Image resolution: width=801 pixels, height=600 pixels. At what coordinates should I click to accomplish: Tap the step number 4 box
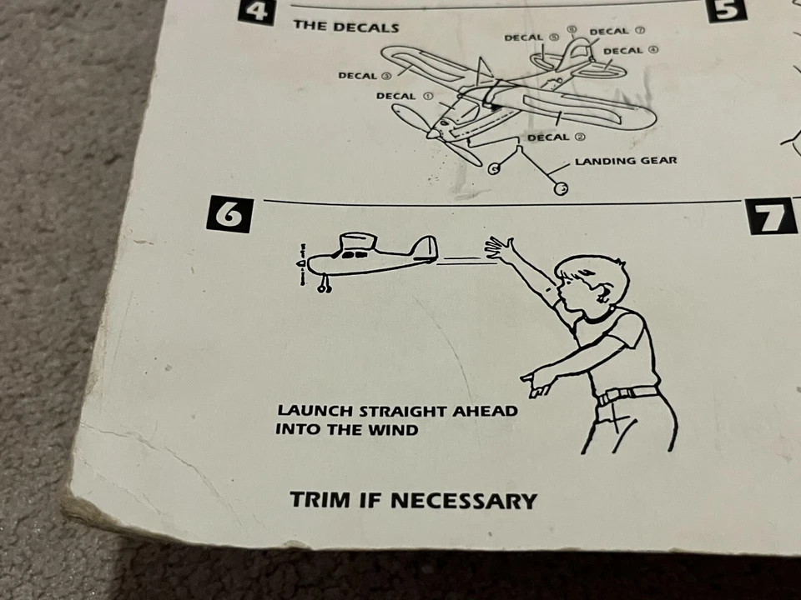255,11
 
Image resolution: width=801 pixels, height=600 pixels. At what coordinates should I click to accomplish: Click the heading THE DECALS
345,26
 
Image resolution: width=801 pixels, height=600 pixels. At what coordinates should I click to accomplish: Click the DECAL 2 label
556,137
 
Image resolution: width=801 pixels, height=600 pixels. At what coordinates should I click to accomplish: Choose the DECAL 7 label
617,32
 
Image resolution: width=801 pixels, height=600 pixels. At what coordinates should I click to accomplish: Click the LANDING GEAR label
626,161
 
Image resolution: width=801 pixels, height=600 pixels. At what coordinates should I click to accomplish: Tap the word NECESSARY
463,501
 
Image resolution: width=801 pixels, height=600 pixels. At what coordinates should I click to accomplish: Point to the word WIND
396,430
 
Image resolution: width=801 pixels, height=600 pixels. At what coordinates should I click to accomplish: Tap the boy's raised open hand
498,248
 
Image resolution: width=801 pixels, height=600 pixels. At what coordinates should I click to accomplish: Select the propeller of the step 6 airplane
302,264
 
